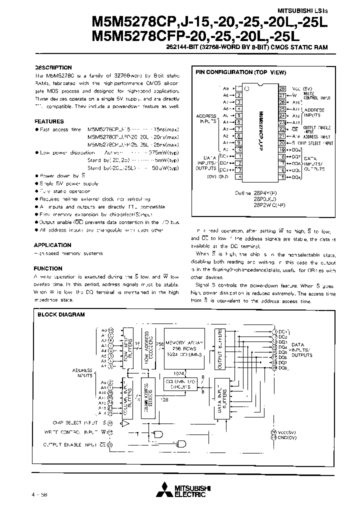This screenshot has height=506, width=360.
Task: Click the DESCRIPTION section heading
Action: pyautogui.click(x=53, y=67)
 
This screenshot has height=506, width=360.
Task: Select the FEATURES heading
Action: pyautogui.click(x=49, y=121)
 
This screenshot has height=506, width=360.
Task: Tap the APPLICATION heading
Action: pyautogui.click(x=52, y=245)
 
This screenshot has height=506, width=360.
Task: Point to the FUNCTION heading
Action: pyautogui.click(x=48, y=268)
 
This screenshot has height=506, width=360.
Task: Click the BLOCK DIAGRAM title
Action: pyautogui.click(x=61, y=314)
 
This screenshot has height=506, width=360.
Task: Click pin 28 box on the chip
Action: pyautogui.click(x=282, y=87)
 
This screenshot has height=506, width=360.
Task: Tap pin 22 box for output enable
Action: pyautogui.click(x=282, y=128)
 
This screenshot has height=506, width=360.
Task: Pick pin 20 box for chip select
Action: pyautogui.click(x=282, y=142)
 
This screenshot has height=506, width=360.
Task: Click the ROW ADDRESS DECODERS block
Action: pyautogui.click(x=146, y=346)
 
